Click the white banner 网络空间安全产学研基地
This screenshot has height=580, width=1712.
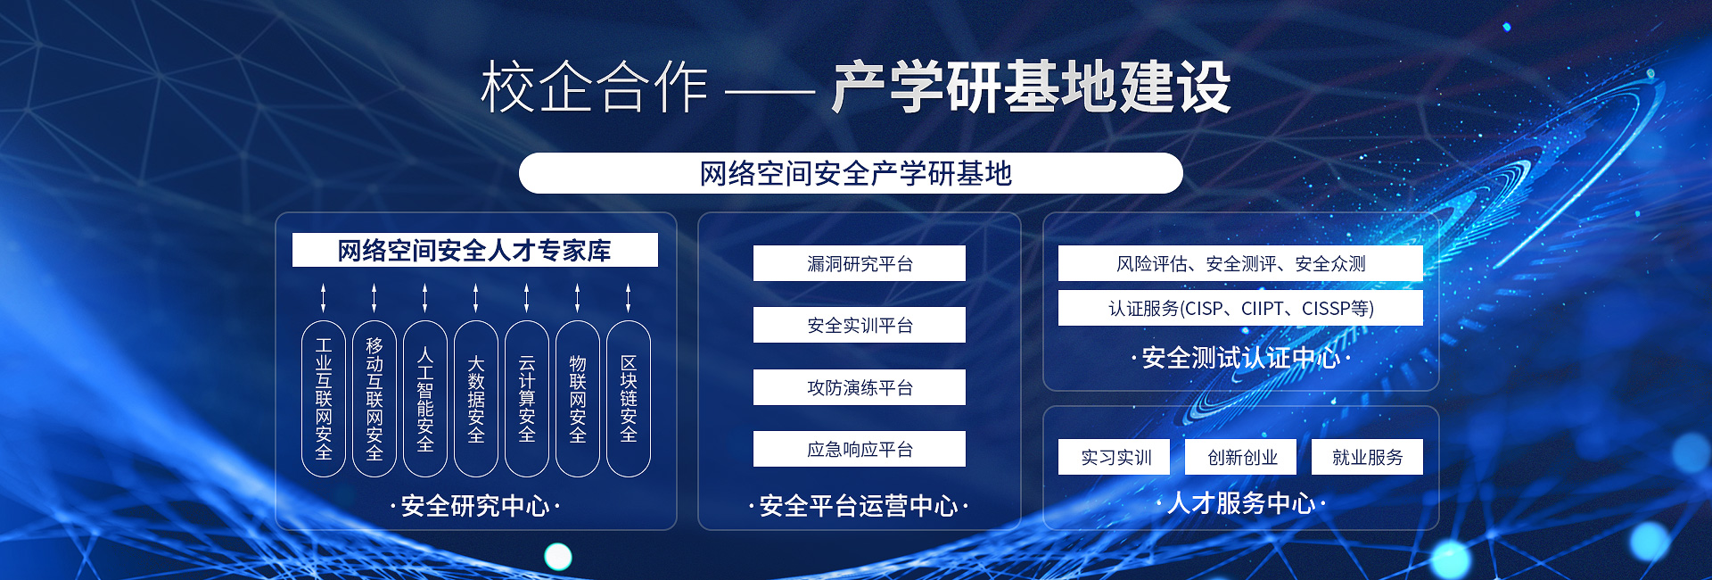click(851, 173)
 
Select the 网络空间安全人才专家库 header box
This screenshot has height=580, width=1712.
click(475, 250)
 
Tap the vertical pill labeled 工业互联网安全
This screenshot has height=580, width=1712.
click(324, 399)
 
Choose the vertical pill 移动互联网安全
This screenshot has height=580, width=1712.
click(374, 399)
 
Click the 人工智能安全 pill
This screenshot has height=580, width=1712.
click(425, 399)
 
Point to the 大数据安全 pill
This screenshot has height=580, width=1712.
click(476, 399)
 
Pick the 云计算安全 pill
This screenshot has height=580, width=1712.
click(527, 399)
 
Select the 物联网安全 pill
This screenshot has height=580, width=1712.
click(578, 399)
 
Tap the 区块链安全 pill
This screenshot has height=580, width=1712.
click(629, 399)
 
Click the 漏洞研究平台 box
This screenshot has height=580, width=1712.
click(860, 263)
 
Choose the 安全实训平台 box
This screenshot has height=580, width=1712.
click(860, 325)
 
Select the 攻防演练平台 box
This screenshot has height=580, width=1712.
click(860, 387)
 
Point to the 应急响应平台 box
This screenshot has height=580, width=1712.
click(860, 449)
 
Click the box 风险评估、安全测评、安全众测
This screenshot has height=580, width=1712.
click(1240, 263)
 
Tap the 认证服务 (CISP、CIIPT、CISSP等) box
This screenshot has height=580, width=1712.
click(1240, 308)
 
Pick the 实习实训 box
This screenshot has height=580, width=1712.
click(1115, 457)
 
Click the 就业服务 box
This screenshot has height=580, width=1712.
click(1367, 457)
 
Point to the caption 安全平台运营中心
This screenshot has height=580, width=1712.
click(859, 506)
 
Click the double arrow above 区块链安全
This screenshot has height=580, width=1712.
click(629, 297)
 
